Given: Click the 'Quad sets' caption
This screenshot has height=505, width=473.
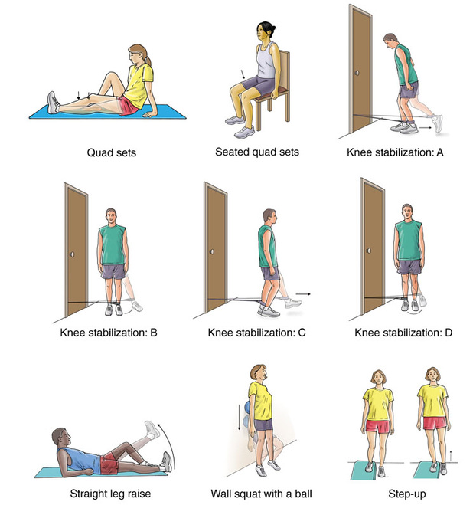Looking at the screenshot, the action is (111, 152).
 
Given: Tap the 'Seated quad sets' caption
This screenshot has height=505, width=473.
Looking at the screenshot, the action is (257, 152).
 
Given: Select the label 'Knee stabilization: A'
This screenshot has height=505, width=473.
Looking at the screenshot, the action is (395, 152).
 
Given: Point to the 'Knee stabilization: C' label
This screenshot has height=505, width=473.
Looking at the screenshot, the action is (256, 333).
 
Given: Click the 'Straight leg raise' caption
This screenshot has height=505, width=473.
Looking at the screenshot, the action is (110, 494).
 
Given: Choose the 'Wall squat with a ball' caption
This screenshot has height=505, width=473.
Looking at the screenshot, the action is (261, 494).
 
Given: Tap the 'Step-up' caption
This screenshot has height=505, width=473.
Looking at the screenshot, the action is (407, 494).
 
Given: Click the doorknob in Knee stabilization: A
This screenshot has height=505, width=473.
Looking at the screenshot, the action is (357, 73).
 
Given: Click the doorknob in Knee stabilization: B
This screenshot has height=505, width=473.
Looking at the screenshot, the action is (73, 254).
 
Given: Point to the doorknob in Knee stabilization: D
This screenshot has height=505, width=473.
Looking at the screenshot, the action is (369, 251).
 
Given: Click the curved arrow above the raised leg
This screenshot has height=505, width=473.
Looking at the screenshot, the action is (170, 445).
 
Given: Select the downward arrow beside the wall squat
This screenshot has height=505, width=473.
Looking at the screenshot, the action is (239, 418).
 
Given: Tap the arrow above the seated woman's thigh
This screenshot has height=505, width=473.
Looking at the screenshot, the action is (243, 74).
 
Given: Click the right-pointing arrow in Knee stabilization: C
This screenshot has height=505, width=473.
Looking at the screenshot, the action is (303, 293).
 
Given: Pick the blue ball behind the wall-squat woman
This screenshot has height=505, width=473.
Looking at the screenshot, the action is (248, 414).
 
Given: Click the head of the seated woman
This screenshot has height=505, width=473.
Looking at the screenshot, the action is (265, 32).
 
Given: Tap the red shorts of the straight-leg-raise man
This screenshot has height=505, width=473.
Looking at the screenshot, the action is (109, 463).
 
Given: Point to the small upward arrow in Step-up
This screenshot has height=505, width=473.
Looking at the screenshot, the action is (451, 456).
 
